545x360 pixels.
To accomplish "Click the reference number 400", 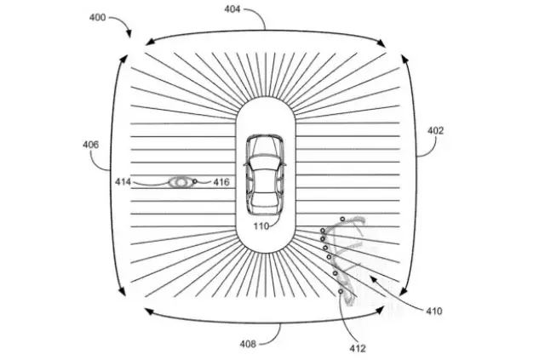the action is tap(97, 17).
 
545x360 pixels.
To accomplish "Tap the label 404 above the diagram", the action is tap(232, 9).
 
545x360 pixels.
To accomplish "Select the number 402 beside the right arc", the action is tap(435, 131).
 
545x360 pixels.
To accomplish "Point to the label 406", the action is tap(91, 144).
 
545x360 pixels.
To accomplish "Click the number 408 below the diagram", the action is tap(248, 344).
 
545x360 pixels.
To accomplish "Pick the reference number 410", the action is tap(434, 311).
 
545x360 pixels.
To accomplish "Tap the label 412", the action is tap(358, 348).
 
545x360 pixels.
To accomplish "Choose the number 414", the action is tap(123, 182).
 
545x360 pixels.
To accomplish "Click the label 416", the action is tap(221, 182).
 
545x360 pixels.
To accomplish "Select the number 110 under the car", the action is tap(261, 226).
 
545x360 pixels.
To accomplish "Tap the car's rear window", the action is tap(265, 199).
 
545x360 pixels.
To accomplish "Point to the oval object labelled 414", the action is tap(181, 182).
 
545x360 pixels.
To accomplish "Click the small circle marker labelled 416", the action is tap(195, 181).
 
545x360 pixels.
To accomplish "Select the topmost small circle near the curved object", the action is tap(342, 219).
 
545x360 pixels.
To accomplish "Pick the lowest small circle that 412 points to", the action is tap(341, 292).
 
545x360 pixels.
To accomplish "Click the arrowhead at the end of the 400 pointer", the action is tap(129, 34).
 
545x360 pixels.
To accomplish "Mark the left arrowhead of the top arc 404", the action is tap(150, 42).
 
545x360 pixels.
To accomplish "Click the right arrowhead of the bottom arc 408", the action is tap(381, 310).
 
